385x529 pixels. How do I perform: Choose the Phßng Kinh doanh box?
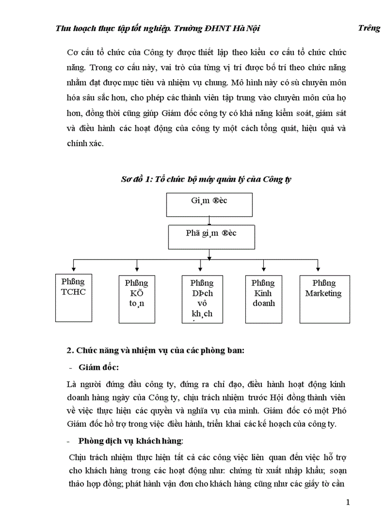pos(263,298)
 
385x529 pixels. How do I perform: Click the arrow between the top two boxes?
pos(209,220)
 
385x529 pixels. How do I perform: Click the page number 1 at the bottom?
pos(348,503)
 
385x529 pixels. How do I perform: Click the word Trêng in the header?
pos(369,28)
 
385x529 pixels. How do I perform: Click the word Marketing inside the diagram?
pos(323,293)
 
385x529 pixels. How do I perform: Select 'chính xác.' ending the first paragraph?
pos(85,144)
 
